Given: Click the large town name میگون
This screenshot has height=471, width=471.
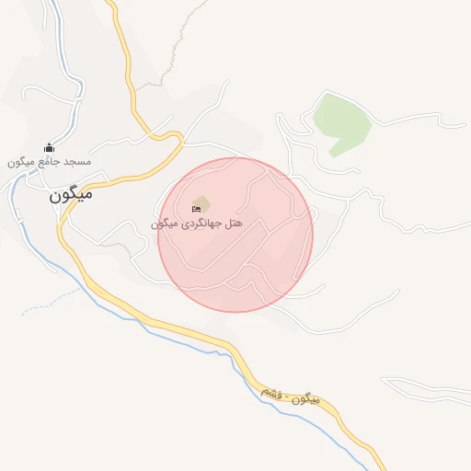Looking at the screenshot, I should [72, 195].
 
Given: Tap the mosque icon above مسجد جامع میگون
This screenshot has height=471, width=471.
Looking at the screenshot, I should [49, 148].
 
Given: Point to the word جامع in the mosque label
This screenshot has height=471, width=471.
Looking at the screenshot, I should [52, 162].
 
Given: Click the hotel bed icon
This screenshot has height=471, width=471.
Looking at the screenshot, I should [196, 209].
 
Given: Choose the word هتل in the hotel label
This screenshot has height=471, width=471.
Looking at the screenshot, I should [234, 224].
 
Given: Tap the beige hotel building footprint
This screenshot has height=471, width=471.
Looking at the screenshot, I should [201, 202].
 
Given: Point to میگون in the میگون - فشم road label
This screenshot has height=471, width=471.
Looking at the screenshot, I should [306, 401].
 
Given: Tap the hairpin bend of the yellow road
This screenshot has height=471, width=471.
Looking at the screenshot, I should [177, 138].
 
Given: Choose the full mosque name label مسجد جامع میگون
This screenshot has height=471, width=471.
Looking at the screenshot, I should [50, 162].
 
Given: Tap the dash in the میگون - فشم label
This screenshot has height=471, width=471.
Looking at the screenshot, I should [286, 397].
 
